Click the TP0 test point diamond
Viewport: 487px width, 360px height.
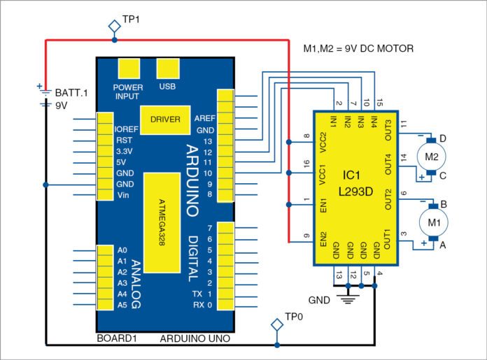pyautogui.click(x=278, y=326)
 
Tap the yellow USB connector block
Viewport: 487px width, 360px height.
pyautogui.click(x=168, y=68)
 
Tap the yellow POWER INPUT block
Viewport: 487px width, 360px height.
pyautogui.click(x=128, y=68)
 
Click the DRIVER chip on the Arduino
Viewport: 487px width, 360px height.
pyautogui.click(x=165, y=119)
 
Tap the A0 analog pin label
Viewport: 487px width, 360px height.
pyautogui.click(x=122, y=249)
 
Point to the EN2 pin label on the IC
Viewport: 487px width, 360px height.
pyautogui.click(x=323, y=240)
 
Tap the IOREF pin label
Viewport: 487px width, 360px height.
pyautogui.click(x=127, y=129)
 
